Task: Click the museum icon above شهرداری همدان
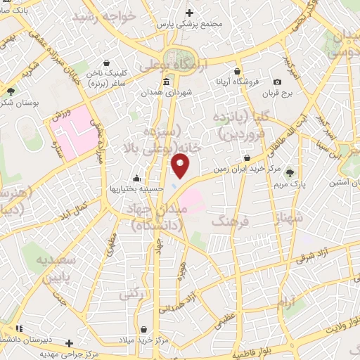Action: coord(165,82)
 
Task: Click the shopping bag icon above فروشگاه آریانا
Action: coord(238,71)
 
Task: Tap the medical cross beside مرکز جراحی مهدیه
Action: coord(69,343)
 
